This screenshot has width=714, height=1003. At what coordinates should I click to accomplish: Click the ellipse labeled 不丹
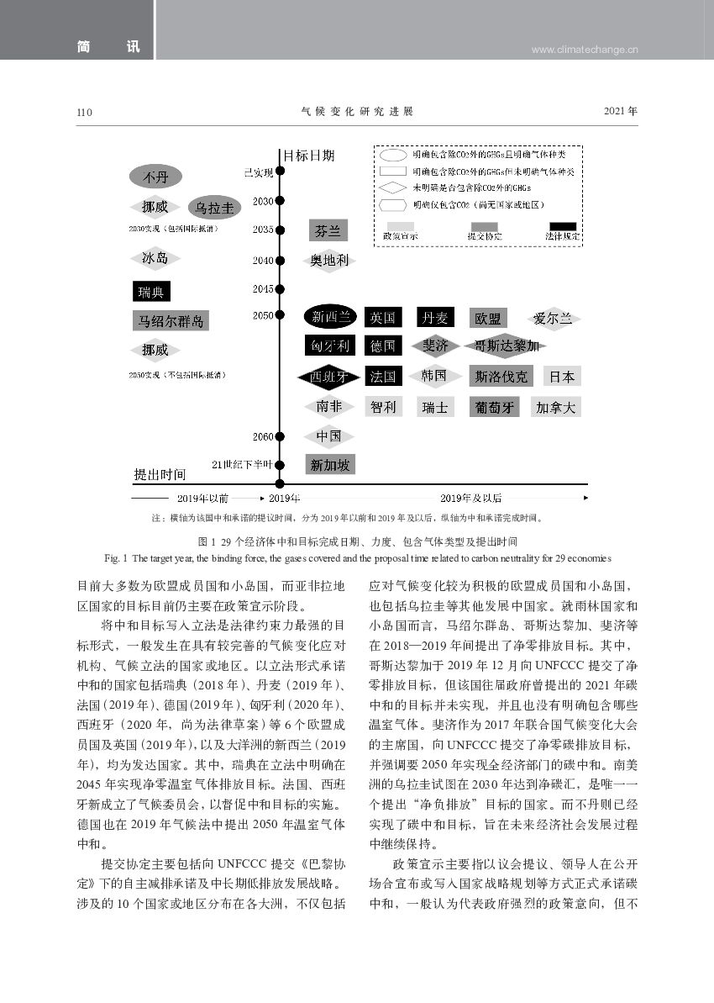(x=155, y=177)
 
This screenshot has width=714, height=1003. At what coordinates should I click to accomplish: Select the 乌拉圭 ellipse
(x=213, y=207)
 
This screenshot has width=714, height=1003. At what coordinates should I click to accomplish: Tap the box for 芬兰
(x=327, y=230)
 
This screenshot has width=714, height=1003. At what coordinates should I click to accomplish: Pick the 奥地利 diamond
(x=328, y=261)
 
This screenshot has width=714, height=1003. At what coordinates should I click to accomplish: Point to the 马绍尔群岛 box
(x=171, y=320)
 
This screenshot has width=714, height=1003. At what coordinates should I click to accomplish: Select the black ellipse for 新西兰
(x=330, y=317)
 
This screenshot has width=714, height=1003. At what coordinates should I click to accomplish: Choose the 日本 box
(x=562, y=376)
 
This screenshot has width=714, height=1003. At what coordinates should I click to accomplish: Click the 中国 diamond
(x=328, y=436)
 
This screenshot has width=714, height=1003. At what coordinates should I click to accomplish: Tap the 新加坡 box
(x=329, y=465)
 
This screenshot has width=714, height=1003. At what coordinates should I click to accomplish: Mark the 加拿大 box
(x=556, y=408)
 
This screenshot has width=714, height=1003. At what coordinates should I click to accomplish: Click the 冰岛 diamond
(x=155, y=258)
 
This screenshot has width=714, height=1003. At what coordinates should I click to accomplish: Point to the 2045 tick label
(x=262, y=289)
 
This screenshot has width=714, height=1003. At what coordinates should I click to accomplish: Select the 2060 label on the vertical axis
(x=262, y=436)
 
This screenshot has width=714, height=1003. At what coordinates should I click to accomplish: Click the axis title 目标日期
(x=308, y=156)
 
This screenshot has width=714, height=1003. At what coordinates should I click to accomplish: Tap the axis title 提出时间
(x=160, y=475)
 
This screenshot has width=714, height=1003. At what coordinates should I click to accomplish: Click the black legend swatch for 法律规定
(x=562, y=226)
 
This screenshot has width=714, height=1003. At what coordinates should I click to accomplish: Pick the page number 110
(x=84, y=112)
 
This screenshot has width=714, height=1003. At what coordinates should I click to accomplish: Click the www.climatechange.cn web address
(x=585, y=50)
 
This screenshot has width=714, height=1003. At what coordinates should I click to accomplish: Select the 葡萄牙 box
(x=494, y=408)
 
